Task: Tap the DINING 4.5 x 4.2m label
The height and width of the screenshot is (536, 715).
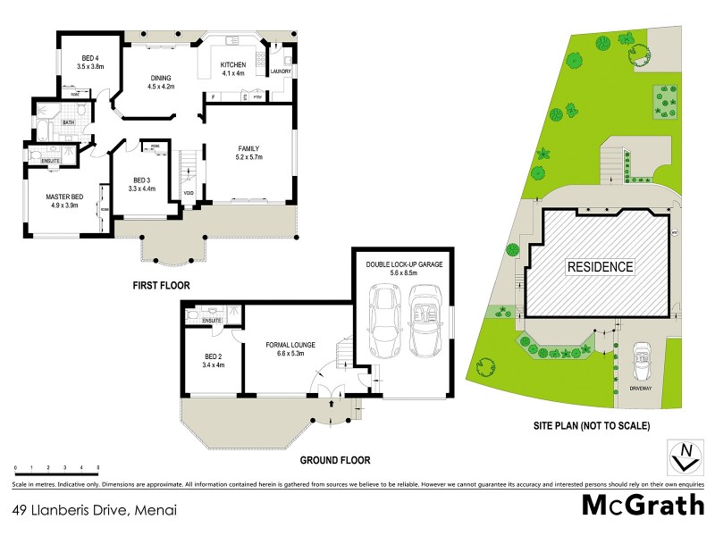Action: [x=159, y=82]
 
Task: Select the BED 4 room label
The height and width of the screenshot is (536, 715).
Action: [x=90, y=62]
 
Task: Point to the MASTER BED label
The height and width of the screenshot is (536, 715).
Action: [x=64, y=200]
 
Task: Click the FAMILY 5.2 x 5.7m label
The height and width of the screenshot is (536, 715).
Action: [x=248, y=153]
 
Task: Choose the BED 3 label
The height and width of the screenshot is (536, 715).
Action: [x=142, y=184]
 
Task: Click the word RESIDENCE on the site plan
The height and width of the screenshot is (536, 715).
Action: [x=599, y=266]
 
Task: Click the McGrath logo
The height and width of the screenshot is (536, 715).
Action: [x=643, y=506]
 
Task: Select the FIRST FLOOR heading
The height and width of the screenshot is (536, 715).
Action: [x=162, y=286]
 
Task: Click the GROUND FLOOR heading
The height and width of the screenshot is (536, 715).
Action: [x=334, y=460]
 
